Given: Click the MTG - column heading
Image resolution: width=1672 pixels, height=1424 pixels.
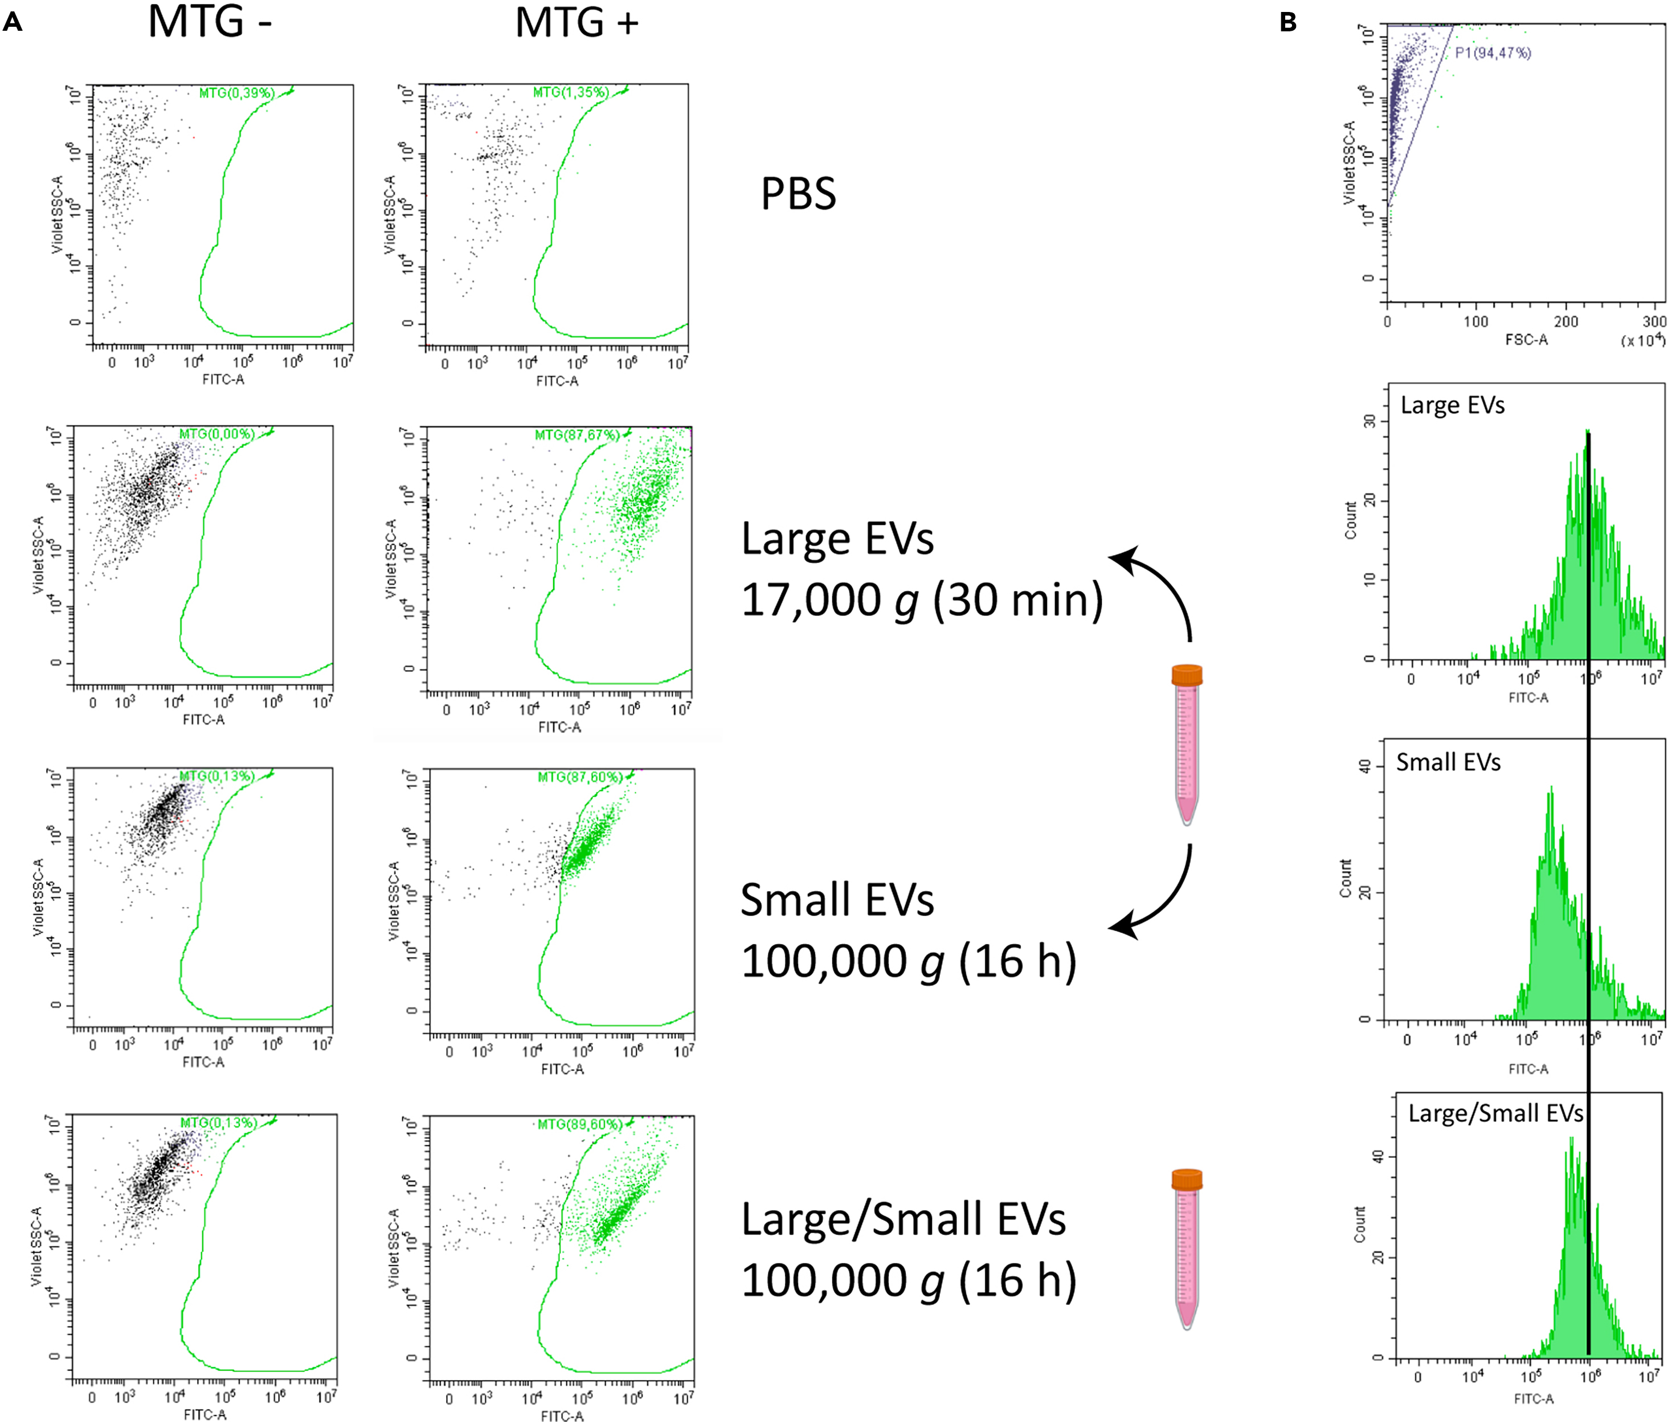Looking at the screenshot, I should (x=210, y=23).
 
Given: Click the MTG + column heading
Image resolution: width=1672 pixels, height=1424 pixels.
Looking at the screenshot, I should (x=576, y=23).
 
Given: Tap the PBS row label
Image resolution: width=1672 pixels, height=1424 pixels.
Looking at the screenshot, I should (x=798, y=194).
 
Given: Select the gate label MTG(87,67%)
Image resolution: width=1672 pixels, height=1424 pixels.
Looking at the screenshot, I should (x=577, y=435).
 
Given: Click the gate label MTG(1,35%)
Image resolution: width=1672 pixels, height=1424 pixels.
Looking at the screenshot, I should (x=570, y=93).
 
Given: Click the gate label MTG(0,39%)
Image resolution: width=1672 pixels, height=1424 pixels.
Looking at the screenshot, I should (x=236, y=93).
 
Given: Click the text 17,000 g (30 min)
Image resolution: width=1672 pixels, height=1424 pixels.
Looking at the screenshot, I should (x=922, y=601).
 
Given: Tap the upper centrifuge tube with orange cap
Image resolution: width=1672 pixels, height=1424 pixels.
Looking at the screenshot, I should (x=1186, y=742).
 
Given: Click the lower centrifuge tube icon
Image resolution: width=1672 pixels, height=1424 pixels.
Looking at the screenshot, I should (x=1186, y=1248).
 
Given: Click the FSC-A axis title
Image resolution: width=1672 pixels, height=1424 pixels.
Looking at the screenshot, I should (x=1526, y=340).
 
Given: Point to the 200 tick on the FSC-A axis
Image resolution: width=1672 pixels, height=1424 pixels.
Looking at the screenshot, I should (x=1565, y=321).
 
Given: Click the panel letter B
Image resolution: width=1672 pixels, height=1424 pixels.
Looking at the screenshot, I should (x=1288, y=23).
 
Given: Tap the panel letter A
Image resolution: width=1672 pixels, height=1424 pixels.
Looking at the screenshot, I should (x=12, y=23).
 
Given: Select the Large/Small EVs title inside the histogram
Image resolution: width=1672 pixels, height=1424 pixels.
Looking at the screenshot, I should (x=1495, y=1114).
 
